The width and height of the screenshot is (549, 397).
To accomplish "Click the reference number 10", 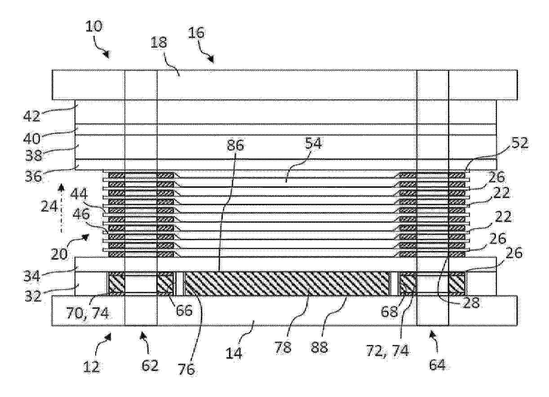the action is coord(93,26).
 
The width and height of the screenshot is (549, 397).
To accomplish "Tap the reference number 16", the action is coord(196,33).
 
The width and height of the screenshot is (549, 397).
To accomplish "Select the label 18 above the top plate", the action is coord(159,43).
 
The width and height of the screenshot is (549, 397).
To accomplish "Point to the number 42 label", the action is coord(31,116).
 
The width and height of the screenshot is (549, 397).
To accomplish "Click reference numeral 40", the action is coord(31,138).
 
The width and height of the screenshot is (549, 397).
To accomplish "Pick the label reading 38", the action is coord(34,155).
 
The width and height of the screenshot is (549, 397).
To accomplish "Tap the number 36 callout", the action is coord(33,176).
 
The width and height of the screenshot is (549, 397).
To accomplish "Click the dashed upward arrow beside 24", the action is coord(61,208).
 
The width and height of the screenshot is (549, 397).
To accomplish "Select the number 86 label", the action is coord(235,146).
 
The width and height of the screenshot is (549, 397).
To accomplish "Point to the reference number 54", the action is coord(313,144).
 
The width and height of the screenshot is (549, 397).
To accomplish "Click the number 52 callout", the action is coord(520,143).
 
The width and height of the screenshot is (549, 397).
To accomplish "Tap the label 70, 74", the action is coord(87,313).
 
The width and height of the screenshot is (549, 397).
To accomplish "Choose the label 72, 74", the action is coord(387,350).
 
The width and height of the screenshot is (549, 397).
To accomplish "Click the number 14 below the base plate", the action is coord(234,353).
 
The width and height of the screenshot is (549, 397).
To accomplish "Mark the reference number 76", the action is coord(186,369).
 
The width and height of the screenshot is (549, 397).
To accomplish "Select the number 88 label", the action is coord(319,347).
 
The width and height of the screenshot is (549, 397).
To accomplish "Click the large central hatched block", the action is coord(287,283).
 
